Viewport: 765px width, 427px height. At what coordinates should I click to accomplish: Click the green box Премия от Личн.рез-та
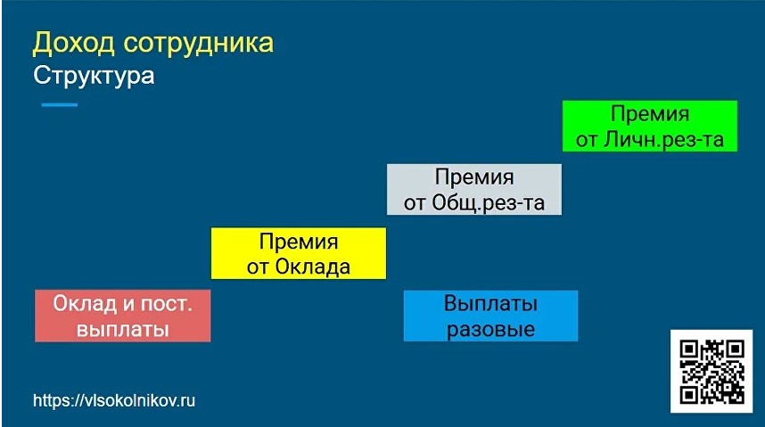(650, 127)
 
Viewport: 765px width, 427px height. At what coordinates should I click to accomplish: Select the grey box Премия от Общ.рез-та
(474, 189)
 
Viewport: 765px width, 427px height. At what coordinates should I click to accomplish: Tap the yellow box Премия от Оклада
(298, 253)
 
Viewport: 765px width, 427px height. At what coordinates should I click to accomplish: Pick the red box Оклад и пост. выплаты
(122, 316)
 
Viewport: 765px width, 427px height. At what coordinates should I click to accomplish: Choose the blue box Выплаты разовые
(490, 316)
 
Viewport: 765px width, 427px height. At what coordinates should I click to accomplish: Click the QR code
(711, 370)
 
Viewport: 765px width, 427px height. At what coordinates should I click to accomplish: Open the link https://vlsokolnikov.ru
(114, 401)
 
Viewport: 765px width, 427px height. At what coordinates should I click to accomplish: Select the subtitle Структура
(94, 76)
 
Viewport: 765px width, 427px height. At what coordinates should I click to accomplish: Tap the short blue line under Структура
(60, 105)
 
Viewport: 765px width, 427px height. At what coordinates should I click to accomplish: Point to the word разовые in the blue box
(490, 330)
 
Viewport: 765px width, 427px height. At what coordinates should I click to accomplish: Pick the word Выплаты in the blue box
(490, 303)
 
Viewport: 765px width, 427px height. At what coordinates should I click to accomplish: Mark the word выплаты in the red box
(123, 330)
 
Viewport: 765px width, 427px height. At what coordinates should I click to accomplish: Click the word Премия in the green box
(650, 114)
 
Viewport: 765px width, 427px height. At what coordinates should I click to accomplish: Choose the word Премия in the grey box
(474, 177)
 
